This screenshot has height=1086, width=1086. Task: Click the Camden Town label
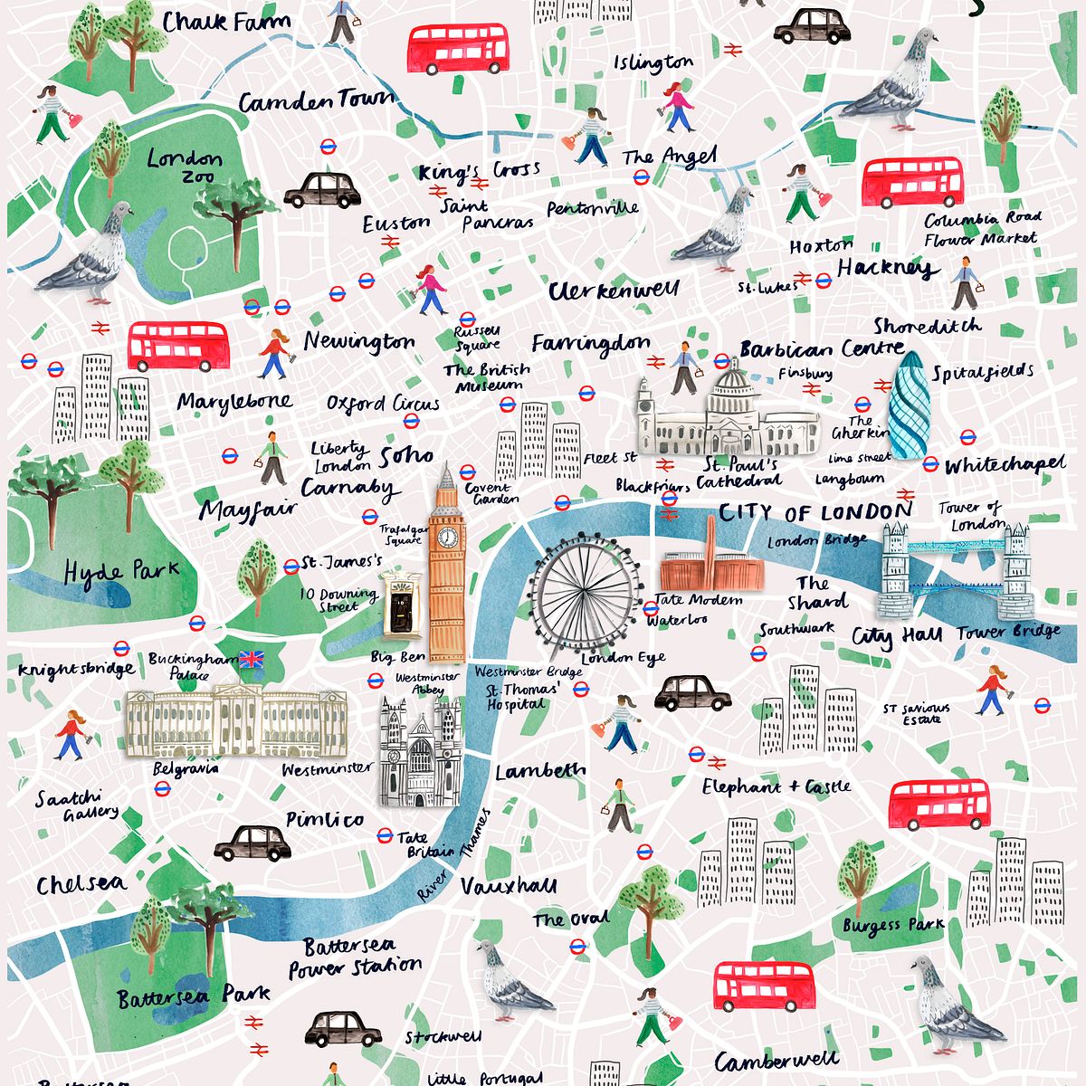(316, 100)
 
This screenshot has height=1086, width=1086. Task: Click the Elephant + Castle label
(776, 786)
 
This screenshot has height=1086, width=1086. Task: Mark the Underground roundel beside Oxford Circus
(411, 420)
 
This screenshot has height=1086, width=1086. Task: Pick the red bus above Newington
(177, 346)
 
